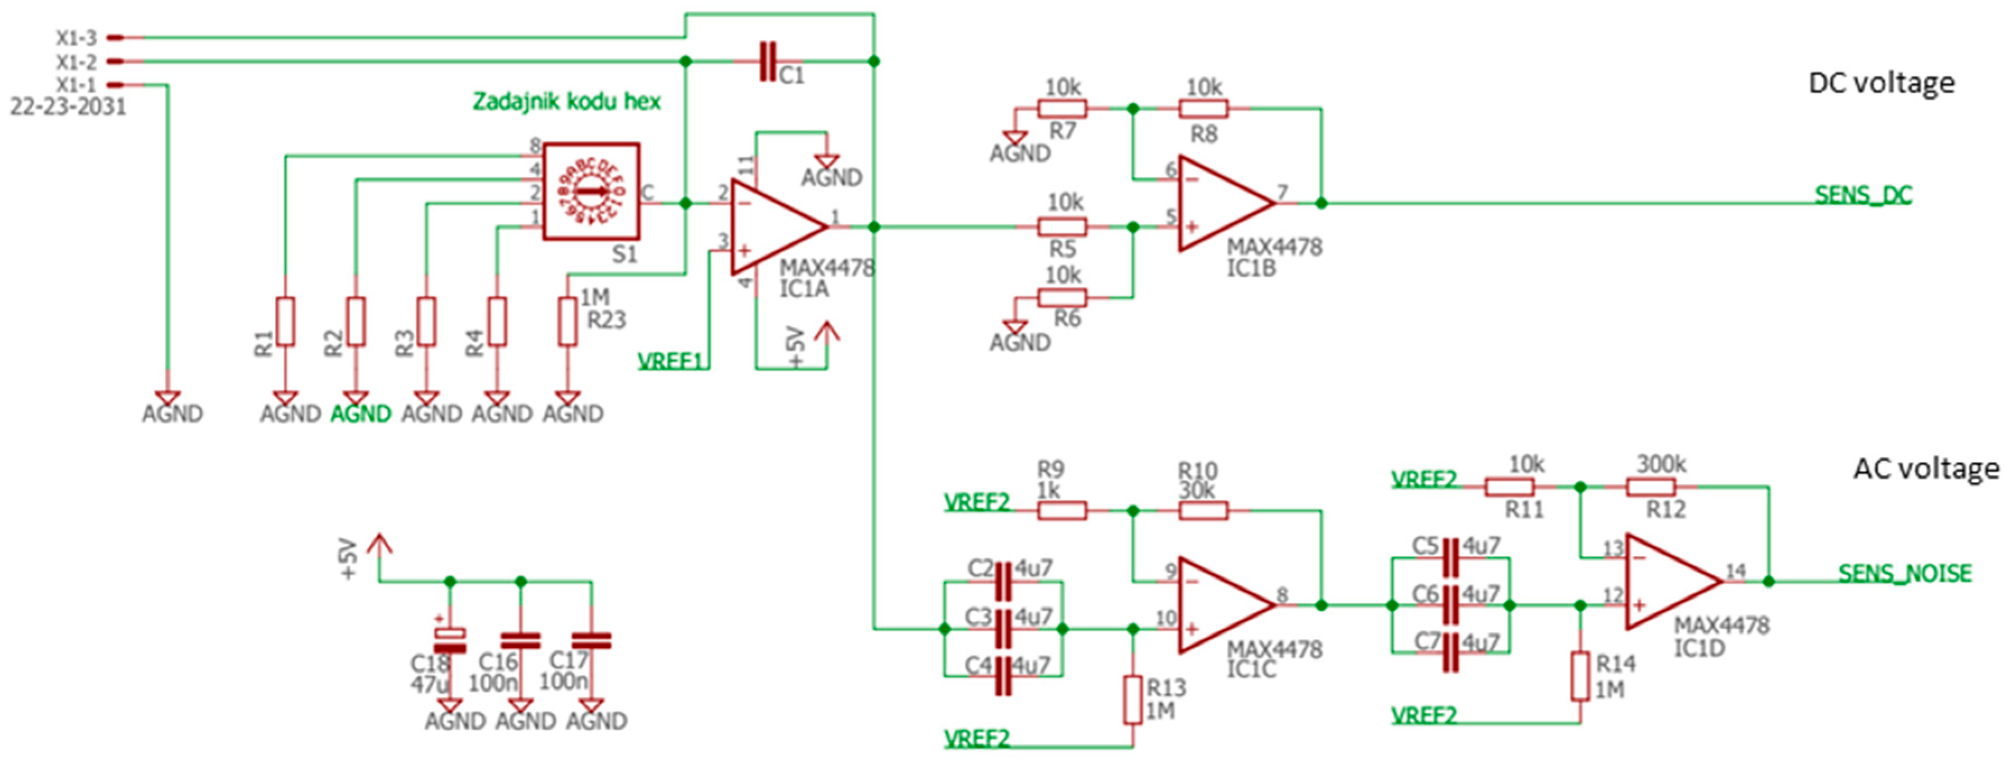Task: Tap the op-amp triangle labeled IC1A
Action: (775, 228)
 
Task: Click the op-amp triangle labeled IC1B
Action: (1223, 204)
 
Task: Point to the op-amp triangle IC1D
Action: (1670, 582)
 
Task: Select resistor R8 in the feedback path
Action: (1203, 109)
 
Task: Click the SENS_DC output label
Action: (1863, 195)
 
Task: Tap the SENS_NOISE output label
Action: (1905, 573)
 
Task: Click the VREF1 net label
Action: (670, 361)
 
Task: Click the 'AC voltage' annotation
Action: (1926, 469)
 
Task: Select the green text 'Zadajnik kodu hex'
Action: (567, 101)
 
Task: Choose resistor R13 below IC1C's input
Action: (1133, 701)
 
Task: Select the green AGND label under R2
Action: (361, 414)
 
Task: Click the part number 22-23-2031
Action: (68, 107)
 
